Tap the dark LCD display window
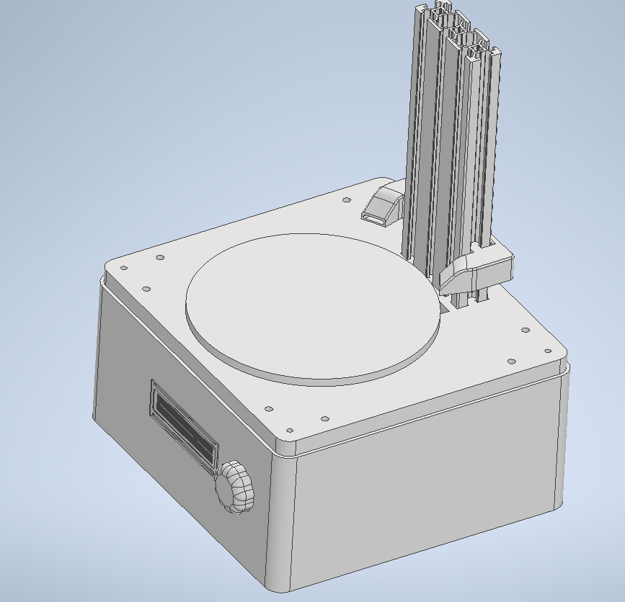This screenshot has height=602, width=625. click(185, 424)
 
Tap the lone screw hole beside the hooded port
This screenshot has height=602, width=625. click(346, 199)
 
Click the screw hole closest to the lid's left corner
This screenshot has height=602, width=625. click(123, 268)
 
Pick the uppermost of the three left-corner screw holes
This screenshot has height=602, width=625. click(160, 257)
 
